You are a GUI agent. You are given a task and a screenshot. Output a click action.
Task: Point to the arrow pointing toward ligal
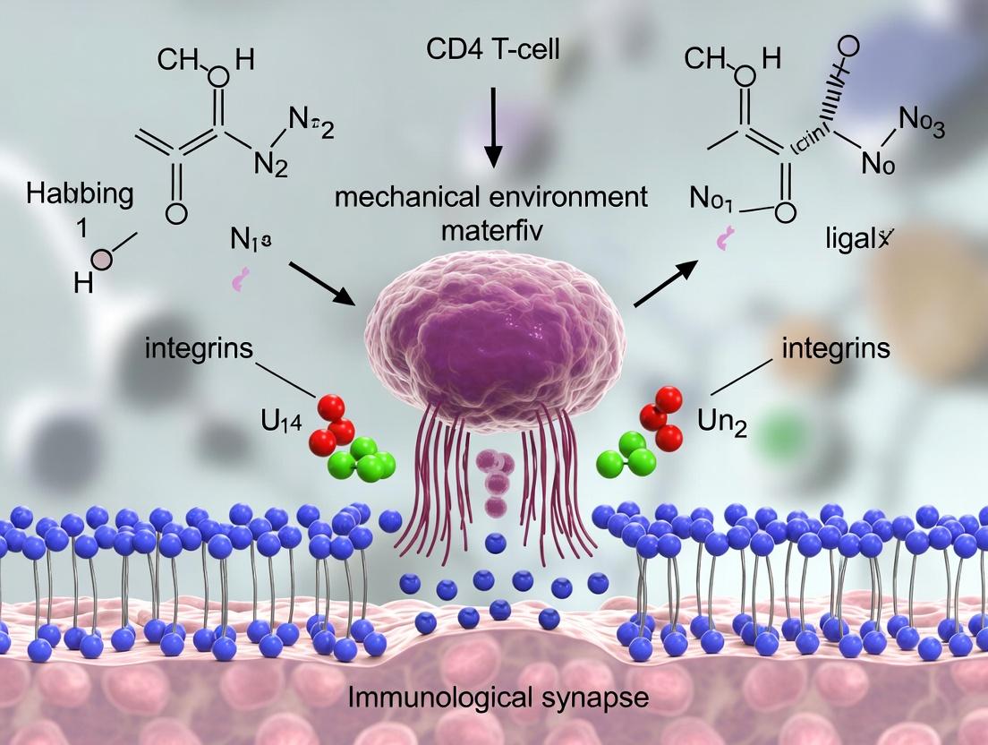[666, 279]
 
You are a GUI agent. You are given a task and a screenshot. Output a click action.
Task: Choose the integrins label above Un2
[835, 347]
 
